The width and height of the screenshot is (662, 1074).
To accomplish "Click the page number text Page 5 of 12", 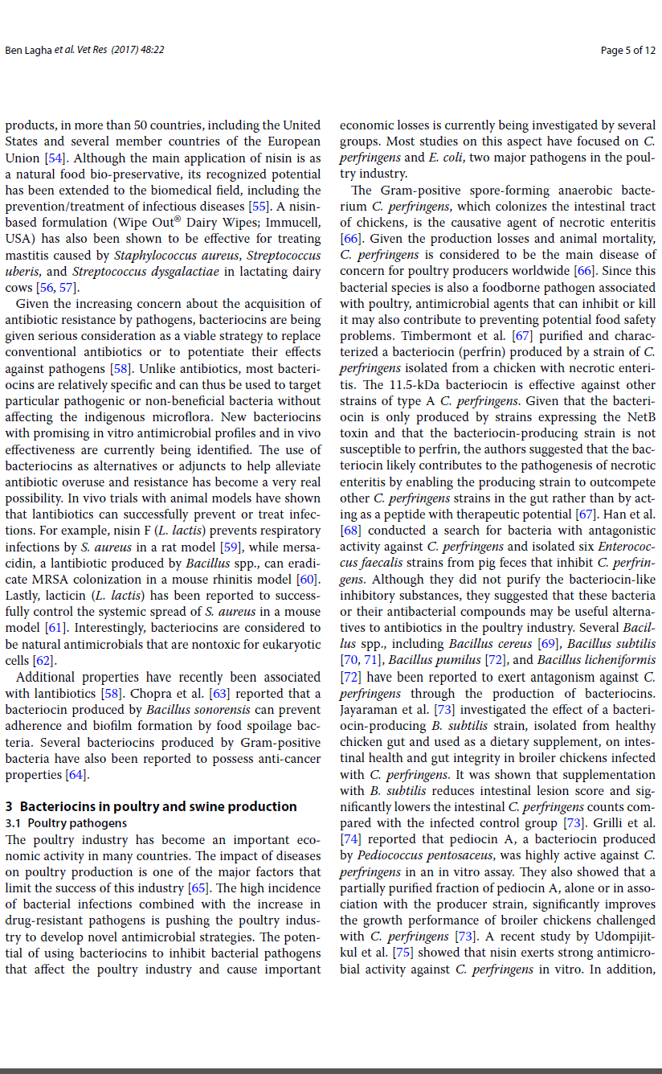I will point(627,50).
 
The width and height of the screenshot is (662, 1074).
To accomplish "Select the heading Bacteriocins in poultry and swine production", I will point(158,806).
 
